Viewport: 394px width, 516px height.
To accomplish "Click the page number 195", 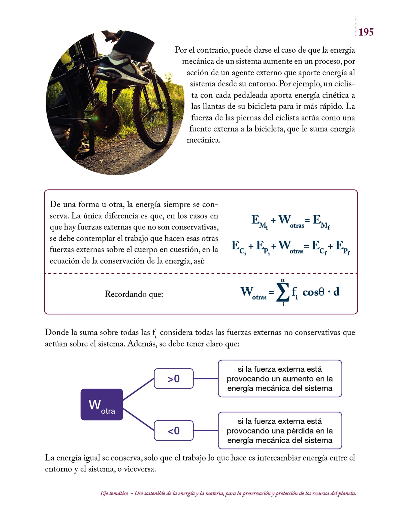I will pyautogui.click(x=366, y=32).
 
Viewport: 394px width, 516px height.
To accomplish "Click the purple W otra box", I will pyautogui.click(x=102, y=404).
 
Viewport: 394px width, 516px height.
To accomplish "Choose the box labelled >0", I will pyautogui.click(x=174, y=378).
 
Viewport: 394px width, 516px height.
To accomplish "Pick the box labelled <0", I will pyautogui.click(x=174, y=431).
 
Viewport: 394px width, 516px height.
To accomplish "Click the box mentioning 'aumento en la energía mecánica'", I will pyautogui.click(x=280, y=378).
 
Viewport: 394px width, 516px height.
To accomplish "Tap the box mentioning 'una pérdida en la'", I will pyautogui.click(x=280, y=431).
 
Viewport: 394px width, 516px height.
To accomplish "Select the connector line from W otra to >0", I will pyautogui.click(x=138, y=389).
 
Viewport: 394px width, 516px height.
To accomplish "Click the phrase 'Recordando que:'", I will pyautogui.click(x=134, y=294).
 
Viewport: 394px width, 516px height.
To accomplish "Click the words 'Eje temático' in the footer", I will pyautogui.click(x=114, y=493).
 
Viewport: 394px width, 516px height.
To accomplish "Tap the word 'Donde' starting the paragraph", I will pyautogui.click(x=57, y=333).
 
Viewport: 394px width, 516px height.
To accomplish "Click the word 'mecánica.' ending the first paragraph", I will pyautogui.click(x=204, y=140).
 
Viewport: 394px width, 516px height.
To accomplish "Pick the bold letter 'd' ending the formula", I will pyautogui.click(x=336, y=292).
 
